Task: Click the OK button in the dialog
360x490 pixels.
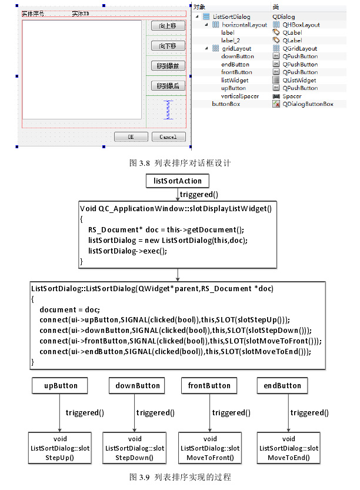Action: [131, 137]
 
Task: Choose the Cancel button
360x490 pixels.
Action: [168, 137]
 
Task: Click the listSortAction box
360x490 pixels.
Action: [177, 181]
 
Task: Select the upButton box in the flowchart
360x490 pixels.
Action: [61, 386]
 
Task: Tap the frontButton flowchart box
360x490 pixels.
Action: [209, 386]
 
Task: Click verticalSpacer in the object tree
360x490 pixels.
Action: [240, 96]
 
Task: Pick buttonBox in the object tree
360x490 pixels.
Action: [226, 104]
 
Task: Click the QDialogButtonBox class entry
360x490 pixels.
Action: [308, 104]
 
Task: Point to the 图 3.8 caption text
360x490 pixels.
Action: [180, 162]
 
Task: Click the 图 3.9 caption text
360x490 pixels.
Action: [180, 476]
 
